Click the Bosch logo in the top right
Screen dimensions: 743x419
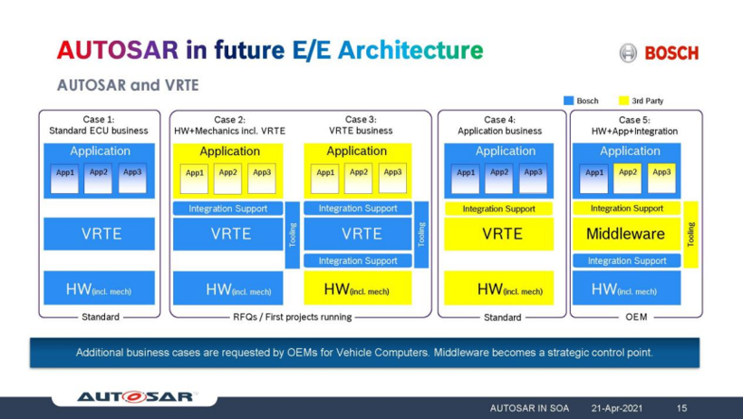pyautogui.click(x=659, y=53)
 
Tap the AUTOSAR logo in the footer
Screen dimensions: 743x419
pyautogui.click(x=136, y=396)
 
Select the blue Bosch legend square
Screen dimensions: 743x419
pyautogui.click(x=569, y=101)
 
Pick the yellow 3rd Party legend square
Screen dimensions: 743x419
pyautogui.click(x=623, y=101)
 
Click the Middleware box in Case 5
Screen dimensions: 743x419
pyautogui.click(x=626, y=233)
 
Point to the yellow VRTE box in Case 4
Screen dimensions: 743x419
pyautogui.click(x=498, y=233)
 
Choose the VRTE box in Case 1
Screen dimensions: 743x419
pyautogui.click(x=99, y=233)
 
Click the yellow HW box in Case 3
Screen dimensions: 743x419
pyautogui.click(x=358, y=288)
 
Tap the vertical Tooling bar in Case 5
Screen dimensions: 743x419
pyautogui.click(x=690, y=234)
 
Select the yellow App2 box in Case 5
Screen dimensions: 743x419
pyautogui.click(x=627, y=179)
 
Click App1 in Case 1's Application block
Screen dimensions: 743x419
pyautogui.click(x=65, y=179)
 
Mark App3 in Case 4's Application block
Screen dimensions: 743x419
pyautogui.click(x=533, y=179)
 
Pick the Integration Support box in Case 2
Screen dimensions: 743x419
pyautogui.click(x=228, y=209)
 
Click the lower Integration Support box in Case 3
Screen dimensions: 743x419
pyautogui.click(x=358, y=260)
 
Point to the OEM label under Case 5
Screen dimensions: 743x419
pyautogui.click(x=636, y=317)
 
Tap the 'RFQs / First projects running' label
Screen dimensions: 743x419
pyautogui.click(x=293, y=317)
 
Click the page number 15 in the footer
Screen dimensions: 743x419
pyautogui.click(x=681, y=408)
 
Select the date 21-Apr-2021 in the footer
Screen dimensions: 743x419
pyautogui.click(x=616, y=408)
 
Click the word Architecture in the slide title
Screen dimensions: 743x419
pyautogui.click(x=410, y=50)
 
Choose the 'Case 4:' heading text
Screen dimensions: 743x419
pyautogui.click(x=499, y=120)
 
